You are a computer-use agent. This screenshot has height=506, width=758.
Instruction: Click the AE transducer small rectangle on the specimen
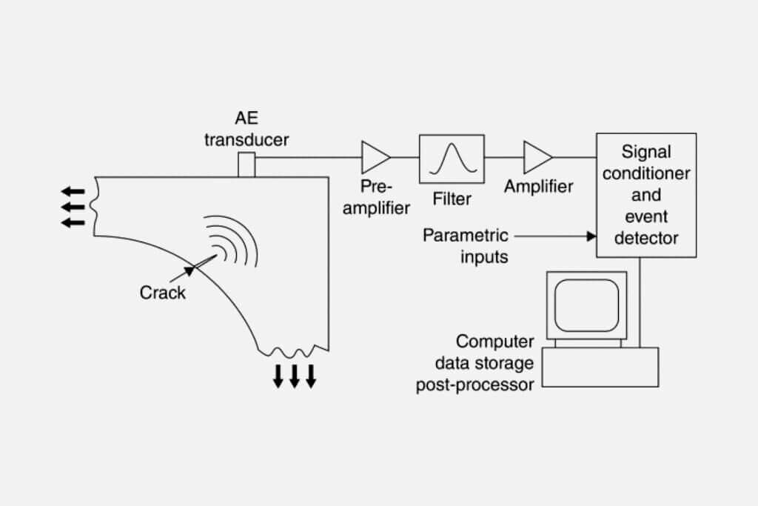click(x=246, y=164)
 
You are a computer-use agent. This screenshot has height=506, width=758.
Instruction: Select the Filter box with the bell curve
click(x=452, y=158)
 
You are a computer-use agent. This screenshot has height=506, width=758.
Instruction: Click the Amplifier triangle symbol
click(x=536, y=157)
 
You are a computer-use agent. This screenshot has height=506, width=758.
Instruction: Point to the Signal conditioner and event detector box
click(x=645, y=195)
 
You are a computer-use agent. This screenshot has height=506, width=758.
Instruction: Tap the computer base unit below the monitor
click(x=600, y=367)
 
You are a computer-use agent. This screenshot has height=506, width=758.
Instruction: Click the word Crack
click(x=163, y=293)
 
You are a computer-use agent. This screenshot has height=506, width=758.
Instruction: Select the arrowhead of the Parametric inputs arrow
click(x=591, y=236)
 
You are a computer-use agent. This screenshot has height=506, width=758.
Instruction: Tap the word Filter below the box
click(x=451, y=199)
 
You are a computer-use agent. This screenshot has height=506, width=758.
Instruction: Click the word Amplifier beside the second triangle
click(x=538, y=186)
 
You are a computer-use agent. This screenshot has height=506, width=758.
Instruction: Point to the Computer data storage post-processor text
click(x=484, y=363)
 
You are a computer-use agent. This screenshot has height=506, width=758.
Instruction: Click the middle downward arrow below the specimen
click(x=294, y=376)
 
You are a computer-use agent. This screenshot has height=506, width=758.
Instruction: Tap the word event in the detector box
click(x=645, y=217)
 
